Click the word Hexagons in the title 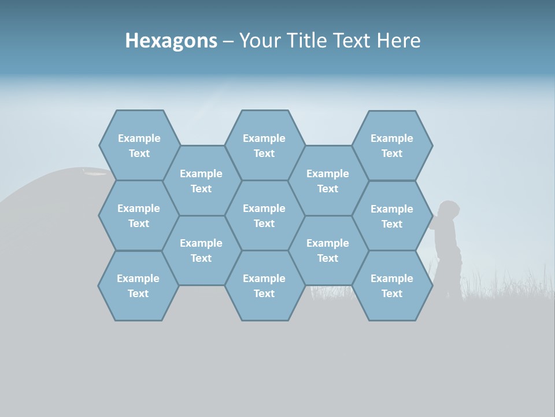171,41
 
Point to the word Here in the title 398,41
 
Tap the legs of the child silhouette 449,278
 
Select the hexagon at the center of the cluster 264,215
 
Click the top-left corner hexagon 139,145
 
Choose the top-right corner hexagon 392,145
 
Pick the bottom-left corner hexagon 138,286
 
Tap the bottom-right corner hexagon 392,286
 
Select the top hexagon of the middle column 264,145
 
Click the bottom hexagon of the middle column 264,286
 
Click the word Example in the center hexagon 264,209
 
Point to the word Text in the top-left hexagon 139,153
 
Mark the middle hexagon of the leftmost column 139,215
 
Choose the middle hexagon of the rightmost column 392,216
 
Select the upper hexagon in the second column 201,181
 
